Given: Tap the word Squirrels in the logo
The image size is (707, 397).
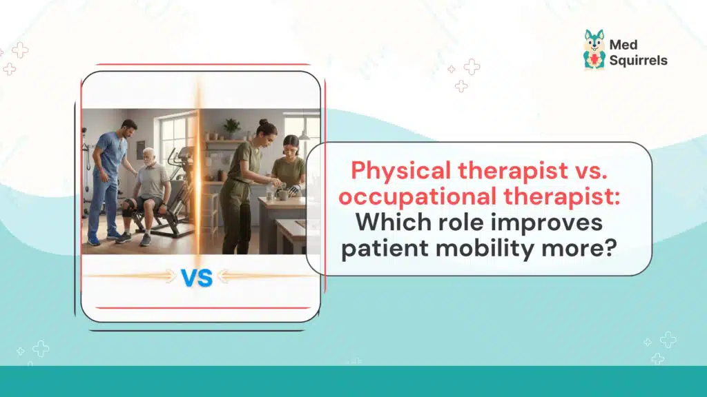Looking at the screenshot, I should (x=638, y=60).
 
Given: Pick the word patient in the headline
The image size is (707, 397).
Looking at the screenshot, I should (x=383, y=249).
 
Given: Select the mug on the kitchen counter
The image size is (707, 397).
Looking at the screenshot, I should (x=282, y=194).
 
